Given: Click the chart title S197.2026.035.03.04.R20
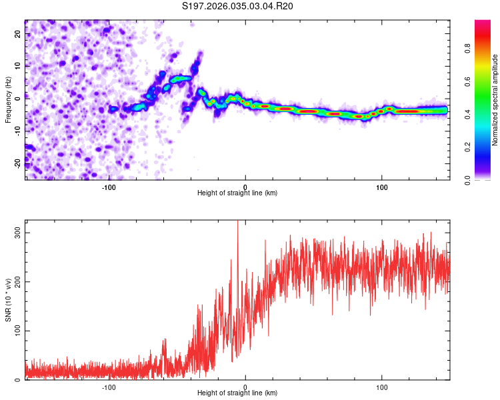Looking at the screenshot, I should pos(238,6).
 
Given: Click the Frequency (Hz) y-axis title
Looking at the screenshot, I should pos(8,99).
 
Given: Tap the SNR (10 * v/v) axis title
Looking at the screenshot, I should pos(8,300).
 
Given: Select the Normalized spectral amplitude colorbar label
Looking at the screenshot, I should pos(495,100).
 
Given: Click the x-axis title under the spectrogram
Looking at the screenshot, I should pos(237,193).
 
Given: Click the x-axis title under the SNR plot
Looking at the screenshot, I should pos(237,393).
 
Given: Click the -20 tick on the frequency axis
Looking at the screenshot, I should pos(17,163).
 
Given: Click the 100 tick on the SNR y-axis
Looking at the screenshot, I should pos(16,331).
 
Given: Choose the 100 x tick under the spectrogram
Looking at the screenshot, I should pos(382,186).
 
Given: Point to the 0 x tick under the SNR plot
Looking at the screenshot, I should pos(245,387).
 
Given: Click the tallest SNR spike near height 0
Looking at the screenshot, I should pos(238,223).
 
